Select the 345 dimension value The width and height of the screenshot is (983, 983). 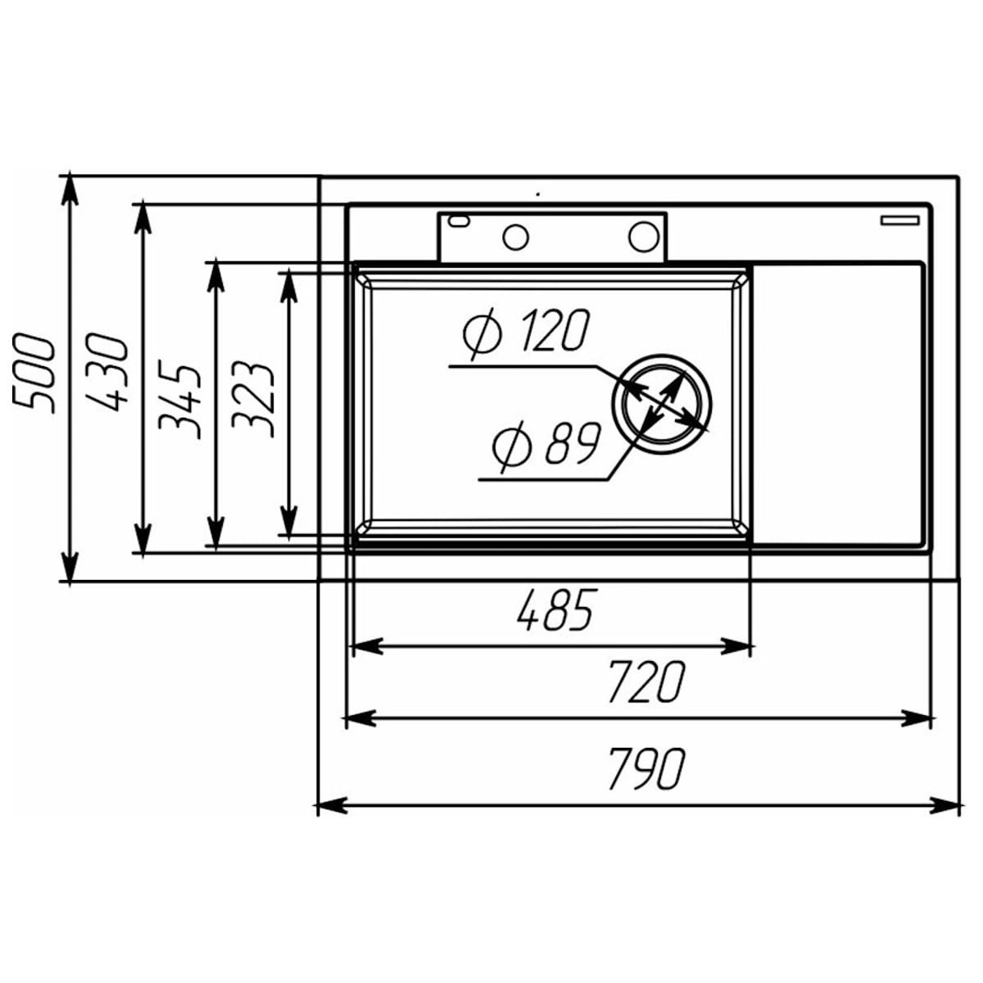[x=179, y=400]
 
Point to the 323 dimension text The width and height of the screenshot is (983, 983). [x=253, y=400]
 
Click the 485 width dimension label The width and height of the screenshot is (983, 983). [x=556, y=609]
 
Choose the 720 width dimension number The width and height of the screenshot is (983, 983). [x=646, y=682]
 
